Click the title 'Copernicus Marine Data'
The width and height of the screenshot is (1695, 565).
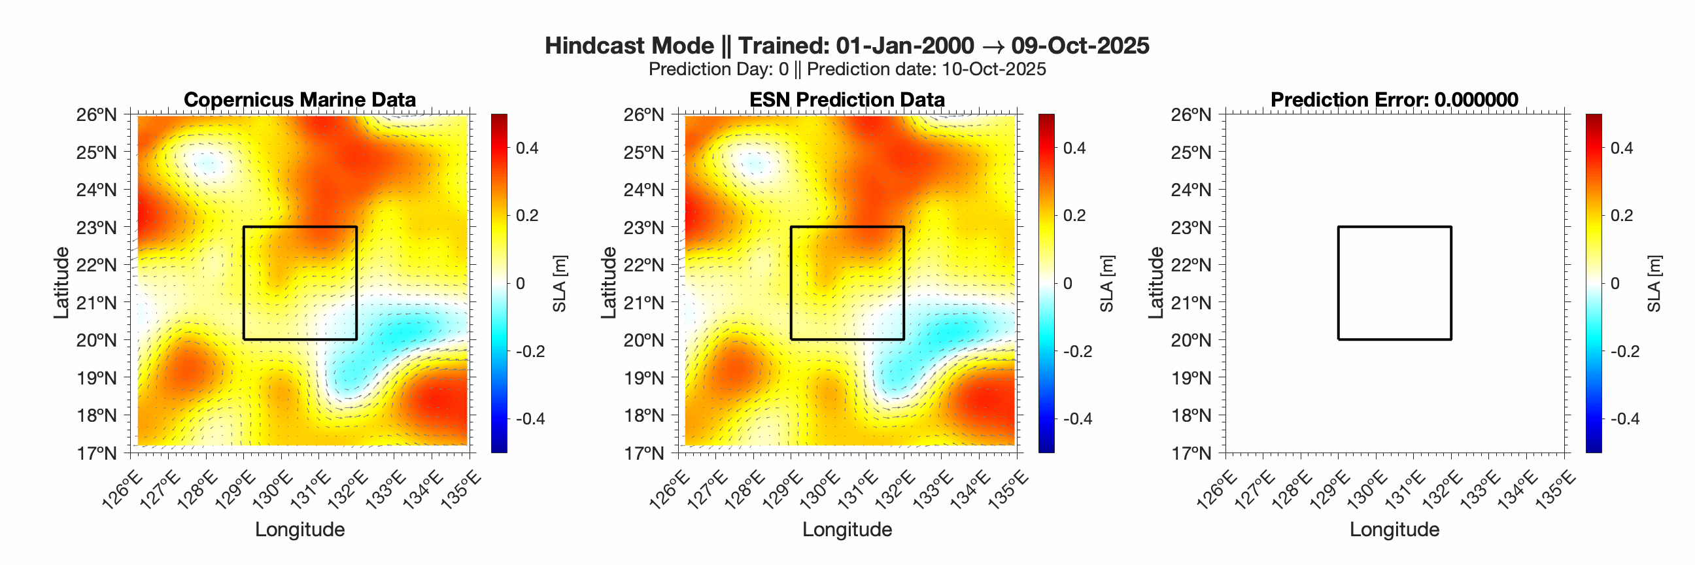coord(300,99)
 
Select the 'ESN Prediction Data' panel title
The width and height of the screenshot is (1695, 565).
coord(847,99)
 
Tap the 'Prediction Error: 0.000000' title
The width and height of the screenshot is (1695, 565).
coord(1394,99)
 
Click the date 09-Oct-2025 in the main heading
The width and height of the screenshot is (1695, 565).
coord(1080,45)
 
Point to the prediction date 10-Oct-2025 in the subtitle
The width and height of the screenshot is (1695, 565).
coord(993,69)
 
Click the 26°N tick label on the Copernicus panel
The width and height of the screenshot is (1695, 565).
coord(96,114)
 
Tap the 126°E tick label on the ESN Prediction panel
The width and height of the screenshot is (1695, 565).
coord(669,490)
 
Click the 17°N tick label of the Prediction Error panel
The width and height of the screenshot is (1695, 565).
coord(1191,453)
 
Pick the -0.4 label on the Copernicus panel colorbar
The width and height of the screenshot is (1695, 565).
coord(530,419)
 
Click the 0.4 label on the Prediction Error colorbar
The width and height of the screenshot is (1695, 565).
coord(1621,148)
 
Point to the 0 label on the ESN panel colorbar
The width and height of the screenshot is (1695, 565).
coord(1067,284)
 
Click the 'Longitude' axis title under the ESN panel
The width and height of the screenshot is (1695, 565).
coord(847,530)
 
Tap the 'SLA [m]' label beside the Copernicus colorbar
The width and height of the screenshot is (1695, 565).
coord(559,284)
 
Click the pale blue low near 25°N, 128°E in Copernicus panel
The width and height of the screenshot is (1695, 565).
coord(208,162)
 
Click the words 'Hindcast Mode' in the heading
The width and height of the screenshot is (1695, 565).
coord(629,45)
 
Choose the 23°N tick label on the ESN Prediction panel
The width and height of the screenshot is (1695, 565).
coord(643,228)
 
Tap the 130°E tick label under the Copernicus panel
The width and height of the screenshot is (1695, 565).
coord(271,490)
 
